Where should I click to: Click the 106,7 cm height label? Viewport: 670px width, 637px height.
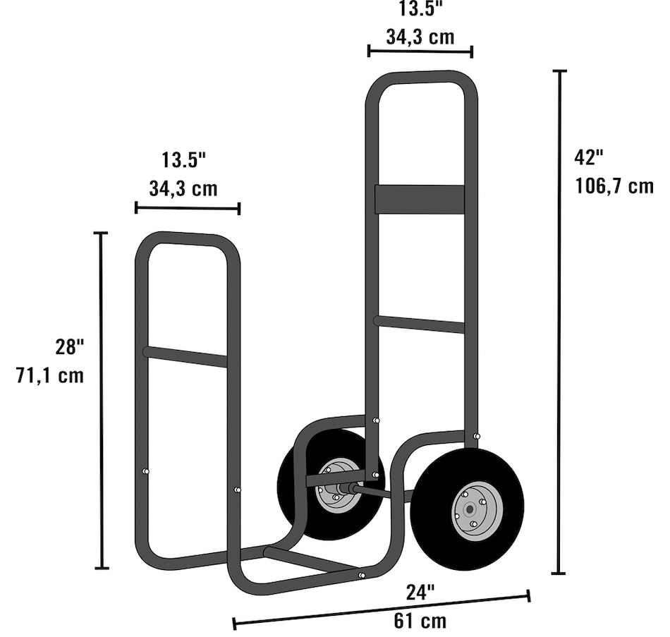pos(614,186)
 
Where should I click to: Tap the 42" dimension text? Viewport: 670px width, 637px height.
pos(589,157)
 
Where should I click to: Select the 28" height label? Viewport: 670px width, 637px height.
pos(70,346)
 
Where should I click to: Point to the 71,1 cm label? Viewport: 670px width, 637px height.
pos(50,375)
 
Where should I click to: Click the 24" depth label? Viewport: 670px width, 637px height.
pos(420,593)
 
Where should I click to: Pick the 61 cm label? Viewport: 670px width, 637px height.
pos(420,621)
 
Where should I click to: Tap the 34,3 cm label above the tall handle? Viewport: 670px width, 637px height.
pos(420,37)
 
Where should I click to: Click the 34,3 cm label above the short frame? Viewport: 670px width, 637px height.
pos(183,188)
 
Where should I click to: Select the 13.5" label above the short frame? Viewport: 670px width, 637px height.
pos(184,160)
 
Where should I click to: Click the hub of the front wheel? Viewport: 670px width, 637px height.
pos(470,509)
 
